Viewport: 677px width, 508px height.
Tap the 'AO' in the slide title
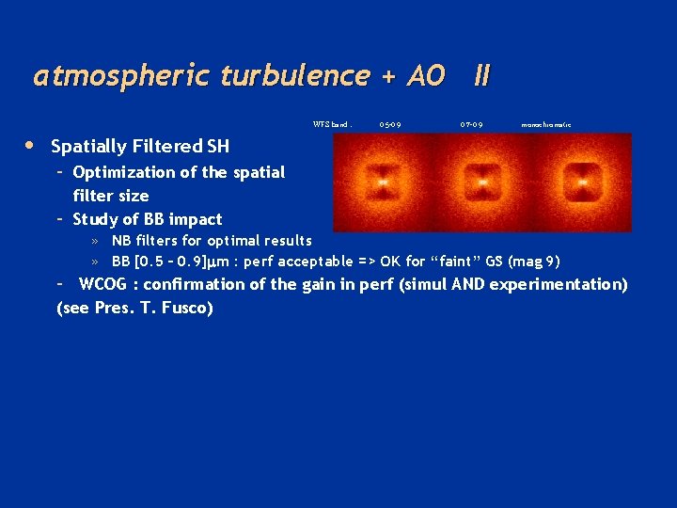pos(425,76)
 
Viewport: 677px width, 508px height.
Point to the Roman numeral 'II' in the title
pos(481,76)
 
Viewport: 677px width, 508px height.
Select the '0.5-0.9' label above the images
pos(390,124)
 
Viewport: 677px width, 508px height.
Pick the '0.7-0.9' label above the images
pos(472,124)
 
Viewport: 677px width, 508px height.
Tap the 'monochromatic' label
pos(546,124)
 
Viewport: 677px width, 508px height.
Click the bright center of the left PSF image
pos(382,179)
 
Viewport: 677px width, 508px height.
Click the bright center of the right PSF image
pos(584,179)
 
